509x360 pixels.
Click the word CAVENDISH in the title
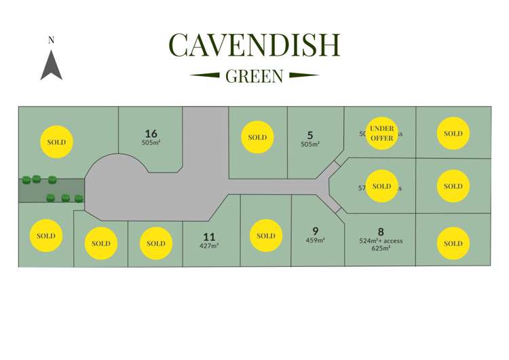254,45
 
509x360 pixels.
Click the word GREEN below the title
254,76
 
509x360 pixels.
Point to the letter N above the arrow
51,40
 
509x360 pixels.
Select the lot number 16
151,133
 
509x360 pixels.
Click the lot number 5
309,134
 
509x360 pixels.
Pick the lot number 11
209,236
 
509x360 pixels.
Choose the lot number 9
315,230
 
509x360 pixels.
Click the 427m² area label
209,246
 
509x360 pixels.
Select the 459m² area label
315,240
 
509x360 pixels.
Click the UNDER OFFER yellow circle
382,132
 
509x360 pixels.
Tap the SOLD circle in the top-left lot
56,142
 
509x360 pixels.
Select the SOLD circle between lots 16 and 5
257,137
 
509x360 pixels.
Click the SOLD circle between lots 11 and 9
266,236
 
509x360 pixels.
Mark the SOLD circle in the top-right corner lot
453,133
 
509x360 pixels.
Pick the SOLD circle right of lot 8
453,243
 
